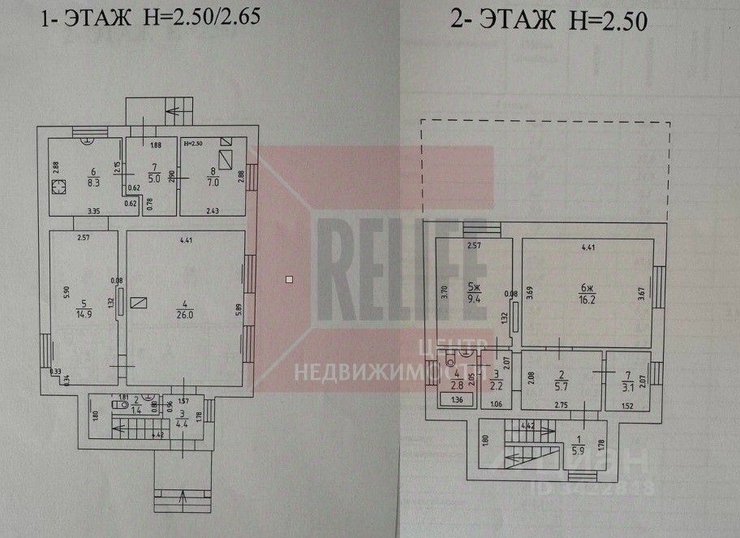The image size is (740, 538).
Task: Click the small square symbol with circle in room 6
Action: click(58, 188)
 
